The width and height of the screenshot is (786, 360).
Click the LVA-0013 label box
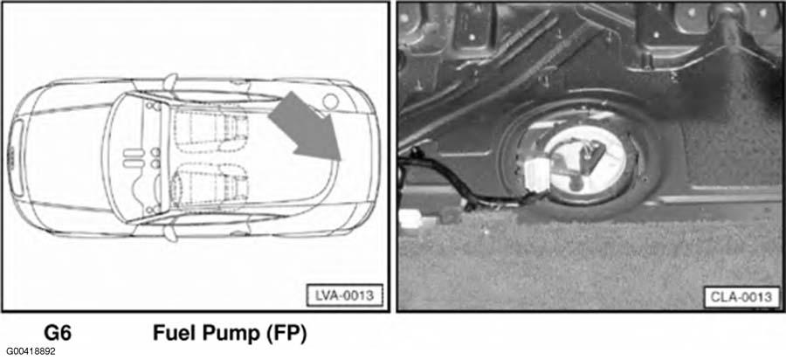[344, 295]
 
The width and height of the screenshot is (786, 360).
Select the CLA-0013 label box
[741, 297]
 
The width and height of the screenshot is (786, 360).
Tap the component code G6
[59, 333]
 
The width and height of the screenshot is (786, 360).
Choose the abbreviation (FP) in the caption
[282, 334]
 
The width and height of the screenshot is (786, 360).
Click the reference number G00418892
[31, 351]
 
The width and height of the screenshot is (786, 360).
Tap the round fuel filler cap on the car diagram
[331, 101]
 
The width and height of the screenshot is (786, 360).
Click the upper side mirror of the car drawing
[171, 82]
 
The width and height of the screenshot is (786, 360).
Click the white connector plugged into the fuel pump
[537, 177]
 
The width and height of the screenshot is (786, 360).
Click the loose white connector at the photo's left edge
[416, 218]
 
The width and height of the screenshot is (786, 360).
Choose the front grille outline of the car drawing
[16, 157]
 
